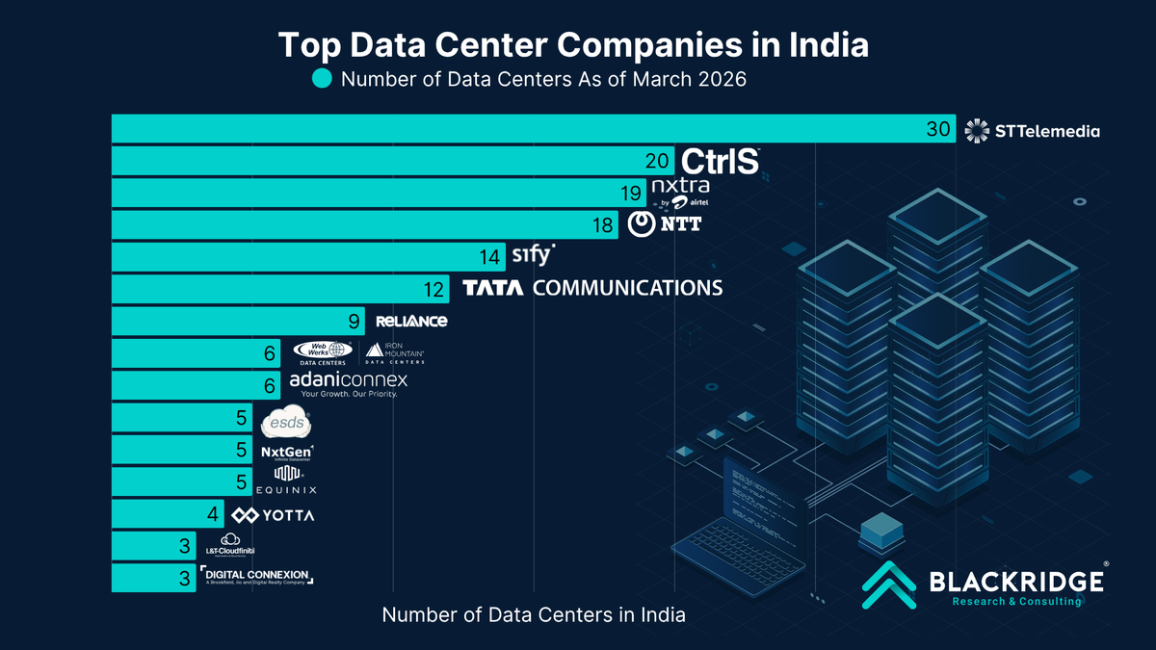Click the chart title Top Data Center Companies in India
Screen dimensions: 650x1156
(x=573, y=44)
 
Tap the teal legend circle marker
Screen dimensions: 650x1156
(x=321, y=79)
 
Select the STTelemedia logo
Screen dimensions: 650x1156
(x=1032, y=130)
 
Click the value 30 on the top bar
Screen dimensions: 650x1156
(x=938, y=130)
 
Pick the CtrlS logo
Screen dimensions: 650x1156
(x=721, y=162)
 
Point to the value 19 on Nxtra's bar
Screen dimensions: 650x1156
(x=632, y=194)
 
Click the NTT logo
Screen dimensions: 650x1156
(x=665, y=224)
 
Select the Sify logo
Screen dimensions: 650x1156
(x=533, y=255)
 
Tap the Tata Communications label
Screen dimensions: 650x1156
(x=592, y=288)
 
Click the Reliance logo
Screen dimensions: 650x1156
(x=411, y=321)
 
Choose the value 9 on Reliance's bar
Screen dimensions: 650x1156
(x=354, y=321)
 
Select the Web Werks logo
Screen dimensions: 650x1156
(x=321, y=353)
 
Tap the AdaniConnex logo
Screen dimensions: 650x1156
(x=349, y=385)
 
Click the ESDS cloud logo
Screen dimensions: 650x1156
(x=287, y=422)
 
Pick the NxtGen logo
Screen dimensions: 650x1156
(x=288, y=451)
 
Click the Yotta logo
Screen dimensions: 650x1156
(x=274, y=515)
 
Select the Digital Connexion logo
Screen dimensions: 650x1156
(x=257, y=577)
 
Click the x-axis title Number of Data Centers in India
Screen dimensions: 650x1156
(x=534, y=614)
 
